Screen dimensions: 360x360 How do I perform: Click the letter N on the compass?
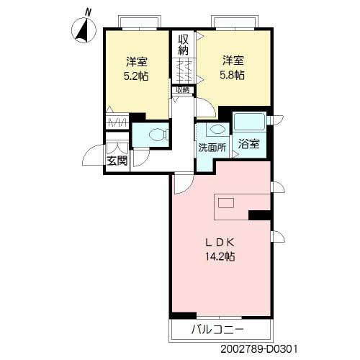[x=89, y=12]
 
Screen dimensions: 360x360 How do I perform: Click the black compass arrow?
[x=82, y=30]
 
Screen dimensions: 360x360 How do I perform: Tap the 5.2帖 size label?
[x=136, y=76]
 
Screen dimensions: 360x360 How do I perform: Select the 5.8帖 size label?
[x=232, y=76]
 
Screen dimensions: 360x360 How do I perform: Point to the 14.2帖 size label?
[x=220, y=257]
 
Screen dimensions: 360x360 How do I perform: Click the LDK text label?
[x=220, y=243]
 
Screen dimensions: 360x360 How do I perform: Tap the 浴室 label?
[x=249, y=144]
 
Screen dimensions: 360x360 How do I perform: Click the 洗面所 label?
[x=212, y=148]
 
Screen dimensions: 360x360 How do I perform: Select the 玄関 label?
[x=117, y=161]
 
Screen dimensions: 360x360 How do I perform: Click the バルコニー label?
[x=217, y=330]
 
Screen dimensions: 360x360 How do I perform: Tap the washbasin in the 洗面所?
[x=218, y=130]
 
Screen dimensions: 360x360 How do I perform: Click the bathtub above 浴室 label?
[x=249, y=122]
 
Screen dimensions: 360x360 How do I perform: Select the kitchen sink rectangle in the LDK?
[x=226, y=203]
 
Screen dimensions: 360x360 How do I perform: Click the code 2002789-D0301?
[x=259, y=349]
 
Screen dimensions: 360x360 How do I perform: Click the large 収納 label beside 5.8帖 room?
[x=183, y=45]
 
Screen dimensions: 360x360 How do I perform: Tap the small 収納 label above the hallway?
[x=183, y=90]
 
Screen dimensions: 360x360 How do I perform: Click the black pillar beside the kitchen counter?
[x=259, y=215]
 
